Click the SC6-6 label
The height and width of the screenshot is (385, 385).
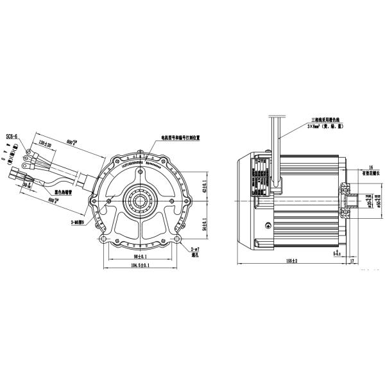[13, 137]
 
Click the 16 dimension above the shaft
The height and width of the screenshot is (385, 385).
[371, 166]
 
